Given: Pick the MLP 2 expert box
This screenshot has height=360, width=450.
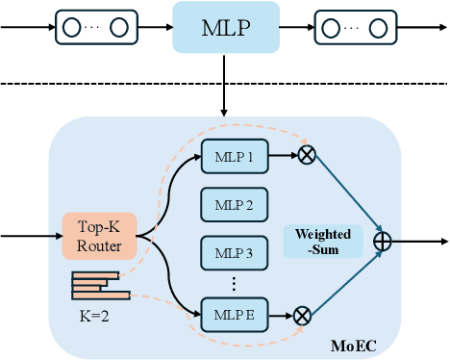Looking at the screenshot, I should [x=232, y=204].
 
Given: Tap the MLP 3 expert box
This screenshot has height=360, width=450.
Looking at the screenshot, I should [x=232, y=254].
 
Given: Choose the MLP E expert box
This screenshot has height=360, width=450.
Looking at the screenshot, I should [x=232, y=314].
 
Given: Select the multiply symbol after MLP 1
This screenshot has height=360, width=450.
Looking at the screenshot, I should [x=307, y=154].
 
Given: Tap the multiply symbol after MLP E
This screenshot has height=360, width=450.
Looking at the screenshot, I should [x=302, y=314].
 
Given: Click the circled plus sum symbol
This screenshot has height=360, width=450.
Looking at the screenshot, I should [x=382, y=243].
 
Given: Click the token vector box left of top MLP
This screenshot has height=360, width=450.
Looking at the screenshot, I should [x=94, y=27].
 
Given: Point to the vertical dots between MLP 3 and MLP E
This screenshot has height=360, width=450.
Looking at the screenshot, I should [x=232, y=285].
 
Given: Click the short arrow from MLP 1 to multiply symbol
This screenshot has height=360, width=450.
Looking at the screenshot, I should [x=281, y=154].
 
